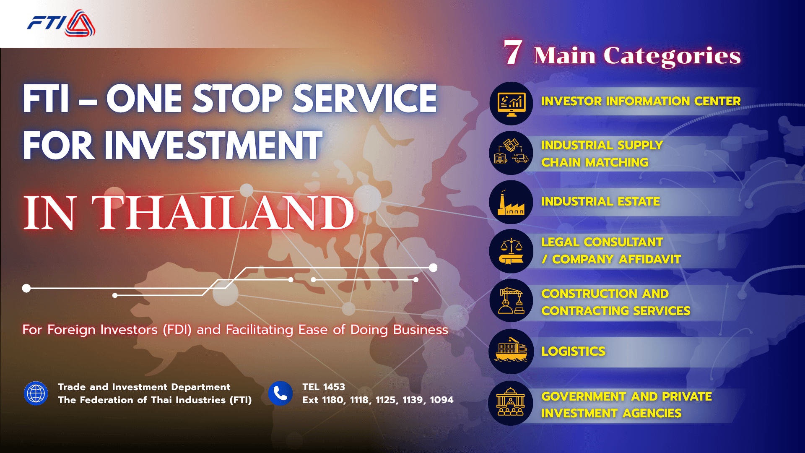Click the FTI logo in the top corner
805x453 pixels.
(x=61, y=23)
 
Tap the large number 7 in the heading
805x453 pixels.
(x=513, y=53)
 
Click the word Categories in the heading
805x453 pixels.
(x=672, y=56)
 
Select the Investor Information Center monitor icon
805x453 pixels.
(x=511, y=104)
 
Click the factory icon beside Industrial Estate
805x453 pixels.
(x=511, y=203)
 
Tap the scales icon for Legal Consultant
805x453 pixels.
(x=511, y=251)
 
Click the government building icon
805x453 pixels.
(x=510, y=403)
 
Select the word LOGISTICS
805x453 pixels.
(x=573, y=351)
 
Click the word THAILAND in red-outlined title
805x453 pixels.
(x=223, y=213)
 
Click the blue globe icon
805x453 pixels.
(x=36, y=393)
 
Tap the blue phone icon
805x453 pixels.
(x=280, y=393)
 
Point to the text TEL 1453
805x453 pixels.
(x=324, y=387)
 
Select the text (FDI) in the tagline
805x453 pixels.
(x=177, y=330)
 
